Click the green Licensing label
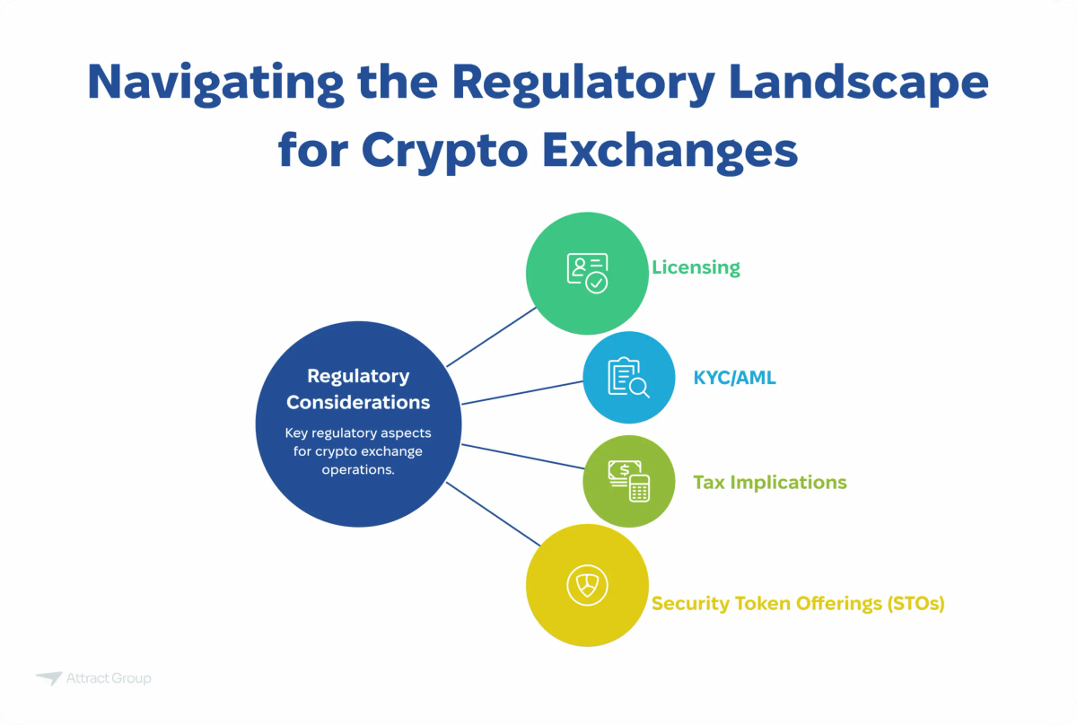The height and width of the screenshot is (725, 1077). coord(696,267)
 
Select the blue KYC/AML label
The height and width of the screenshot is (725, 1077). coord(734,378)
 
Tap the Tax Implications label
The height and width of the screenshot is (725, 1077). coord(769,483)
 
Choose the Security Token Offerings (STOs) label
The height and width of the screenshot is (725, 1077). coord(798,603)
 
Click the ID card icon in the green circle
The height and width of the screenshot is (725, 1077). coord(587,274)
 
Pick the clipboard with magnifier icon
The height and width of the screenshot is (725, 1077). coord(628,378)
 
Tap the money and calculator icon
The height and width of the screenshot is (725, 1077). coord(628,481)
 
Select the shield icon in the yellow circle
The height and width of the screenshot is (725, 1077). coord(587,585)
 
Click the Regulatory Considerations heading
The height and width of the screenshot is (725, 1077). coord(358,389)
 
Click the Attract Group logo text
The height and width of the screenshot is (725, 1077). coord(109,678)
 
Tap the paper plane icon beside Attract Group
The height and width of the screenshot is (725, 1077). coord(48,678)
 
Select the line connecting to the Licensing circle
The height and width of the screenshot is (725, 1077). coord(491,336)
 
